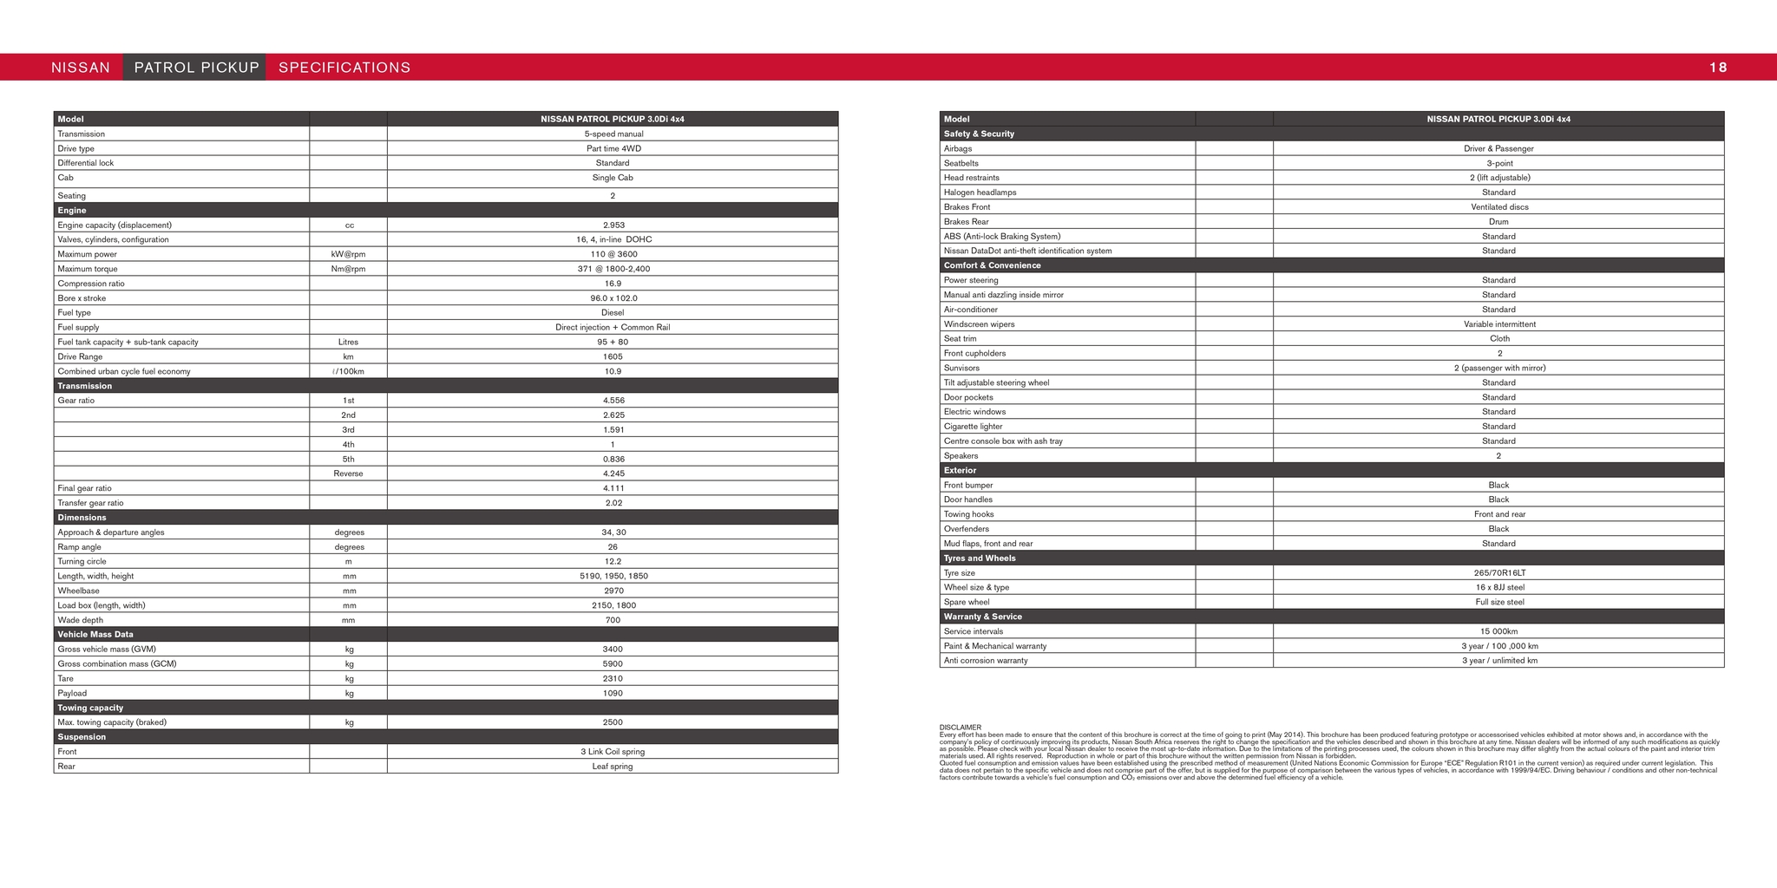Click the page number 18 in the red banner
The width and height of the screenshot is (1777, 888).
[x=1717, y=68]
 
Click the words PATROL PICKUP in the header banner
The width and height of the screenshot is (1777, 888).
[x=196, y=68]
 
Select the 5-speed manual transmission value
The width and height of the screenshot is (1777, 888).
[x=613, y=134]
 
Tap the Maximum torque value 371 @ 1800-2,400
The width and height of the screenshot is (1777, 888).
[x=613, y=269]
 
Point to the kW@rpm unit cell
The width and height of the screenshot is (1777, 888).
[x=348, y=255]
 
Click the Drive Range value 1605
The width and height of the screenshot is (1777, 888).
[x=613, y=357]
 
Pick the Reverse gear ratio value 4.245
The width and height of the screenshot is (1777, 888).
[x=613, y=474]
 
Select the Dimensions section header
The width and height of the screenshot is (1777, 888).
[x=82, y=518]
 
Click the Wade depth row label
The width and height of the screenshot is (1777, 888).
[x=80, y=620]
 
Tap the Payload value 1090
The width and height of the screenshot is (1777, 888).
[x=613, y=694]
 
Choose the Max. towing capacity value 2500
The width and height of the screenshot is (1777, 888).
[x=613, y=722]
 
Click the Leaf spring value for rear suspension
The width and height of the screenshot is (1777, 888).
[x=613, y=767]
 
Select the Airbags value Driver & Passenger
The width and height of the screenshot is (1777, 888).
[x=1498, y=149]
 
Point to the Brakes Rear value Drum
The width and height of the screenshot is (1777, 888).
[x=1498, y=222]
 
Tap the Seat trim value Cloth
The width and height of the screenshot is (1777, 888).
[x=1498, y=339]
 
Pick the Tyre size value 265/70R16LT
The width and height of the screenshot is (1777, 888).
[x=1498, y=573]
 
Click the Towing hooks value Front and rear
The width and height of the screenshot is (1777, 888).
[x=1498, y=514]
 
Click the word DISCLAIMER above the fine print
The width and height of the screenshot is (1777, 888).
[x=960, y=728]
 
